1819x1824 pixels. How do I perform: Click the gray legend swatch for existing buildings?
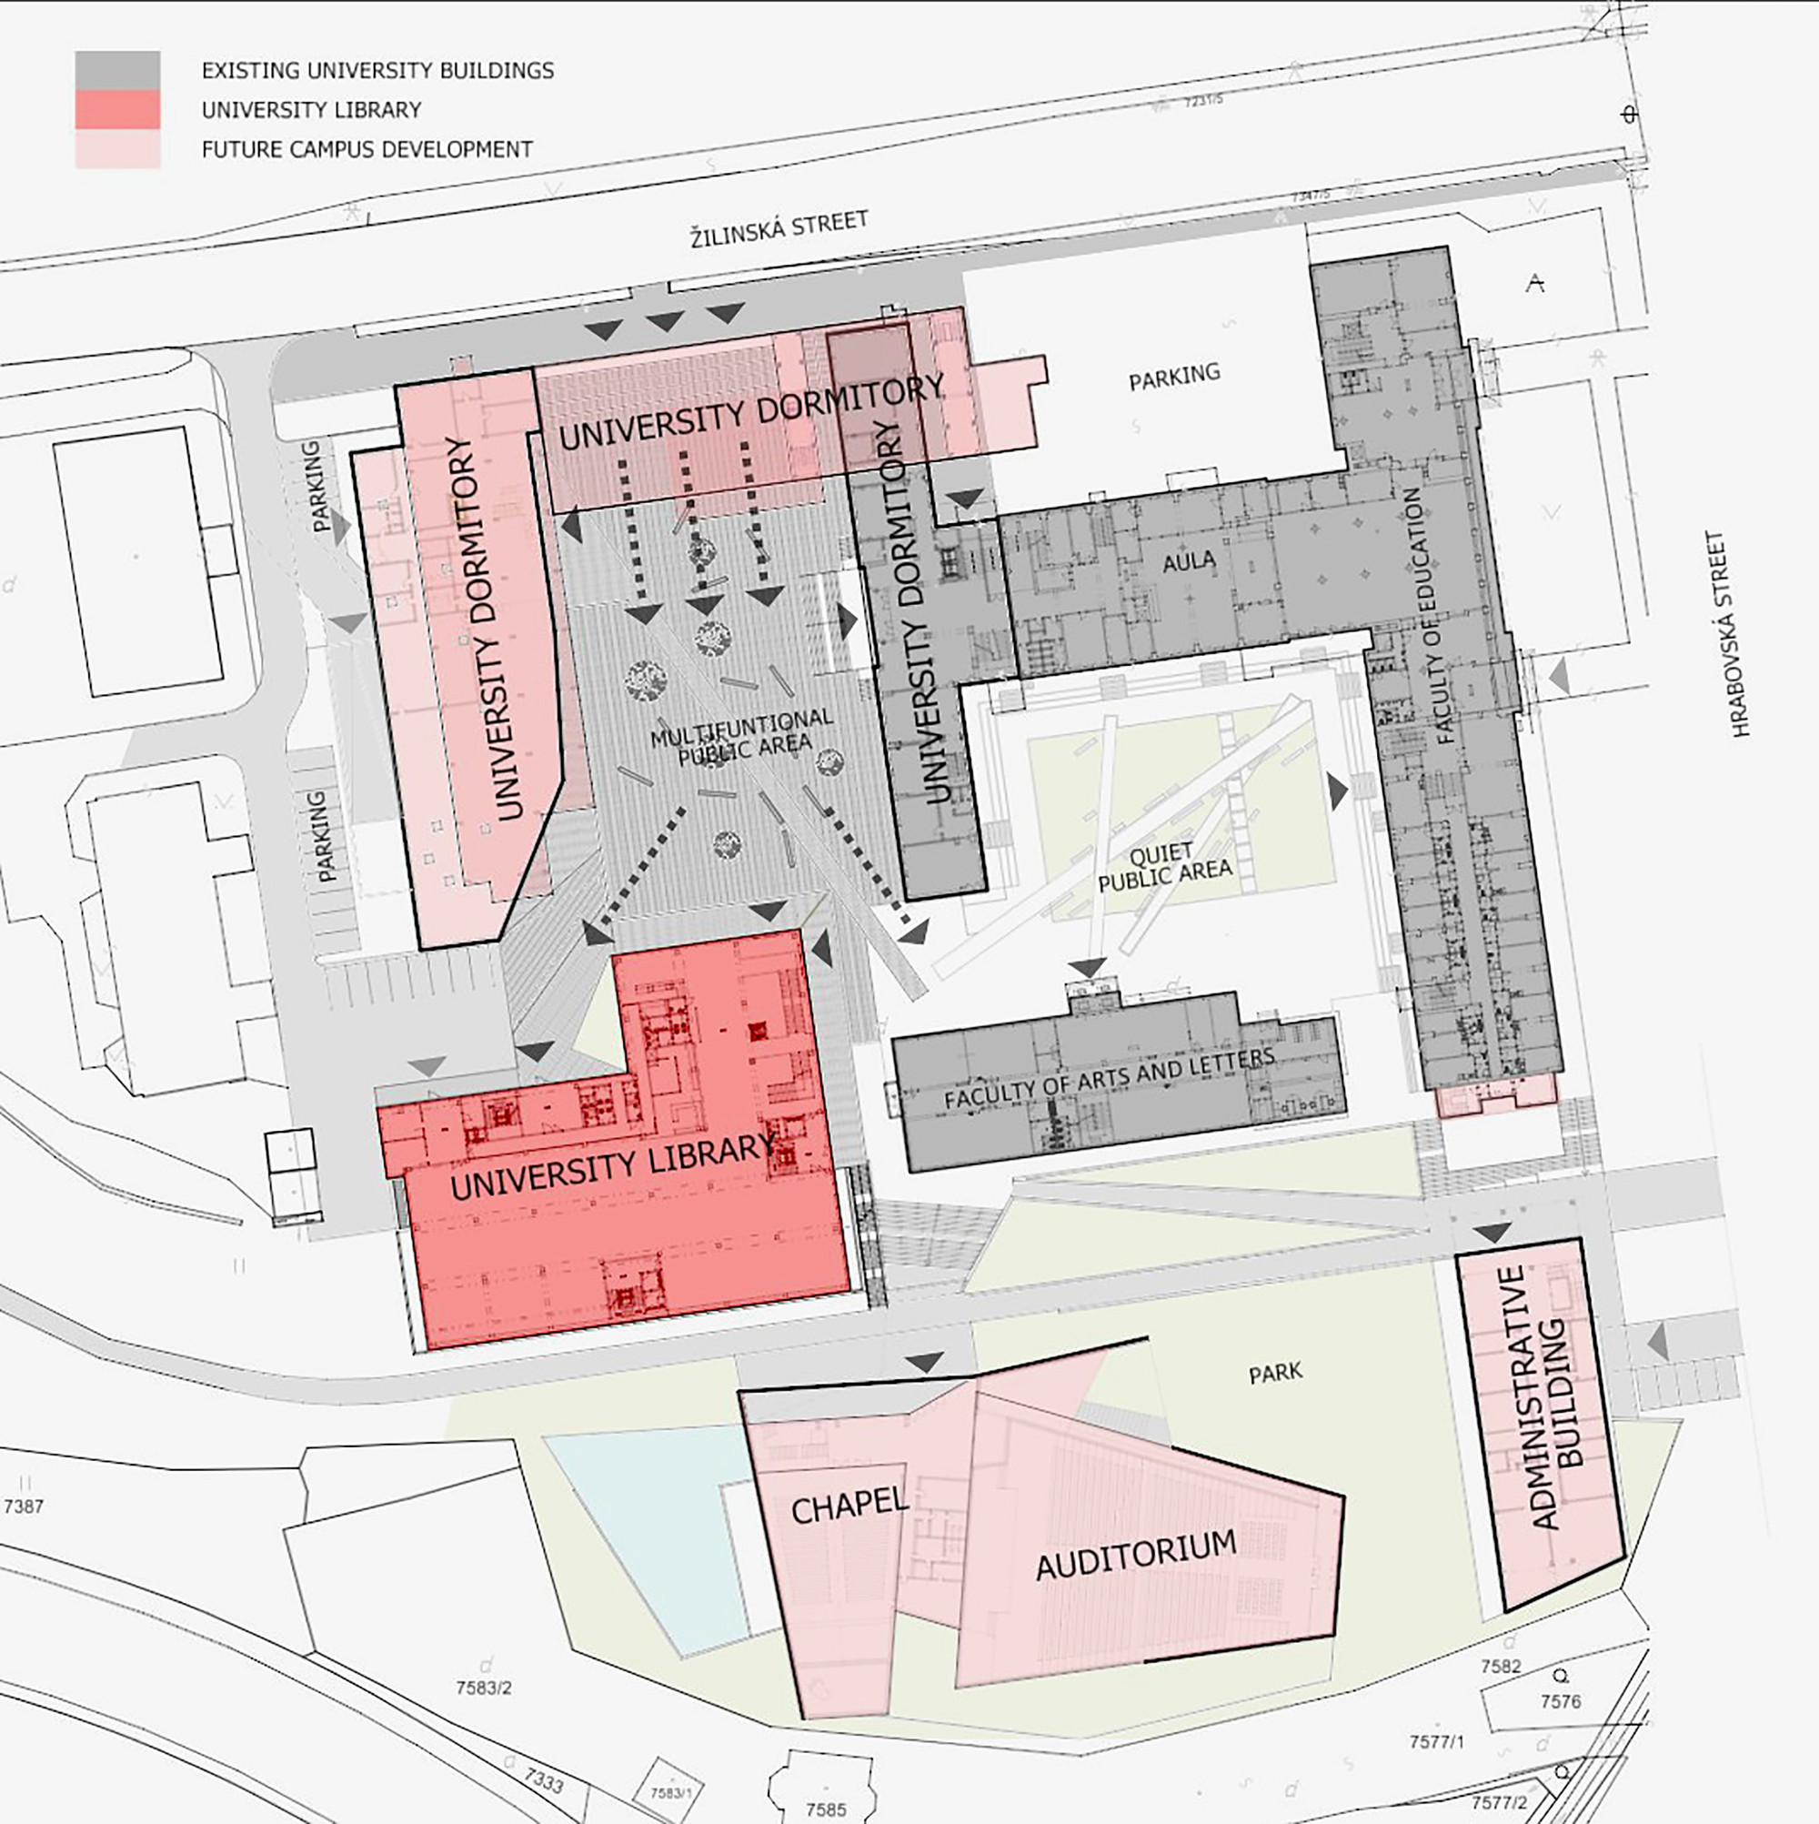[117, 70]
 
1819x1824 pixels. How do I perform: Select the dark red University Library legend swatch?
[117, 109]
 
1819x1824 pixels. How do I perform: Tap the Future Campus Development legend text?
[367, 149]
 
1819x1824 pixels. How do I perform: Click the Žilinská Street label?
[779, 229]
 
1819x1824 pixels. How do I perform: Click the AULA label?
[1189, 561]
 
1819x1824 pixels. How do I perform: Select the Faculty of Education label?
[1430, 616]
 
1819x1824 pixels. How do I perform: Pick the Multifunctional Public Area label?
[743, 733]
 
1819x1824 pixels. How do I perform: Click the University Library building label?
[612, 1168]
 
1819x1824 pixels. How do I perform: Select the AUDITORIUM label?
[1136, 1553]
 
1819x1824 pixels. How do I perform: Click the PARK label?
[1275, 1372]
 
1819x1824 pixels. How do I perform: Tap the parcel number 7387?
[24, 1506]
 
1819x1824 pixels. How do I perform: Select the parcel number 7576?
[1561, 1701]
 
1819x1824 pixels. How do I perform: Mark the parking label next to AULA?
[1174, 376]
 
